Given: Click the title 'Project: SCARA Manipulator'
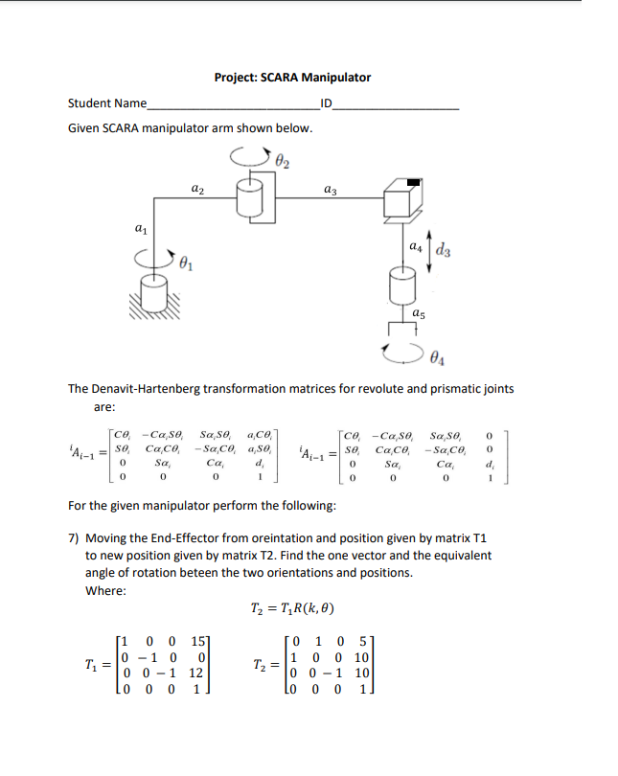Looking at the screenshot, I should (292, 78).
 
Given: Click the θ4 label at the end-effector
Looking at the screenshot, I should (437, 359).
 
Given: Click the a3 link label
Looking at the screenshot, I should (330, 192).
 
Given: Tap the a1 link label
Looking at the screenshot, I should (140, 229).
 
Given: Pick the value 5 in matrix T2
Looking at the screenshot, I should (364, 640).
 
